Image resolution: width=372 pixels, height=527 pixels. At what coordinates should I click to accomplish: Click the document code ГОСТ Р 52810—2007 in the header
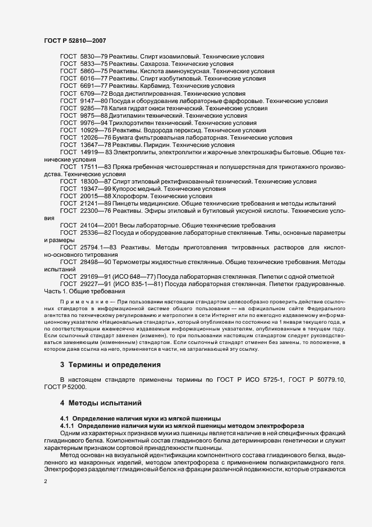pos(74,41)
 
